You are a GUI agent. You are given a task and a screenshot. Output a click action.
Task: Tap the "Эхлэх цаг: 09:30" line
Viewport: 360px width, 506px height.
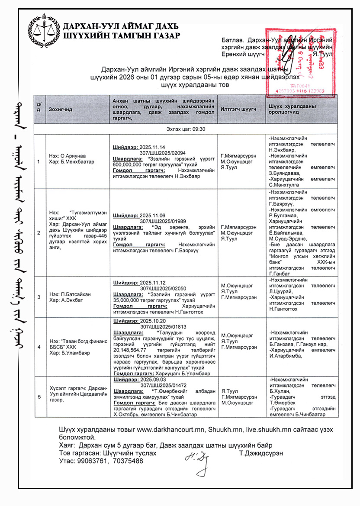click(x=186, y=129)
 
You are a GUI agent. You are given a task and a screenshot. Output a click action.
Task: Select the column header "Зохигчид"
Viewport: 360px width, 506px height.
click(x=61, y=110)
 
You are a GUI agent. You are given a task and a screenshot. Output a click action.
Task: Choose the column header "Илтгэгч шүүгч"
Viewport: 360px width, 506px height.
click(x=238, y=110)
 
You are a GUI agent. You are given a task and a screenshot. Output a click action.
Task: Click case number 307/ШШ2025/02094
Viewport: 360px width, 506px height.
click(x=163, y=152)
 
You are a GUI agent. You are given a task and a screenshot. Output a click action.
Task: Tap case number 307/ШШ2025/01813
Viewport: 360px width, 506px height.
click(x=163, y=326)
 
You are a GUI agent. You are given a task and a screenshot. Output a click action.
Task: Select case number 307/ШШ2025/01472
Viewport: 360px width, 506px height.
click(x=163, y=384)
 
